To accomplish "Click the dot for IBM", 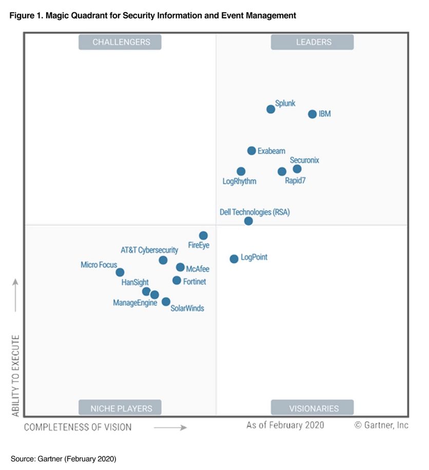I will [x=312, y=114].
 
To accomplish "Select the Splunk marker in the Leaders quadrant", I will [x=270, y=109].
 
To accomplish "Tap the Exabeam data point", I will [x=251, y=151].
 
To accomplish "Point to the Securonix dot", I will [x=297, y=169].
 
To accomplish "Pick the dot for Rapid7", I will [x=282, y=172].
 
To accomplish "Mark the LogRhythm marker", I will [x=241, y=171].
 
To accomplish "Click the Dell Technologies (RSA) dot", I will [x=248, y=221].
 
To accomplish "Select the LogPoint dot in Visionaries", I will [x=234, y=259].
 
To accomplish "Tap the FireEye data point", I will [x=203, y=236].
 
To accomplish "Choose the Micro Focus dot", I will [x=120, y=272].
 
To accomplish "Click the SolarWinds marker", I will [x=166, y=301].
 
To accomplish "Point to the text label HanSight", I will [x=135, y=282].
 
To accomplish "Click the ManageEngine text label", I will [x=135, y=303].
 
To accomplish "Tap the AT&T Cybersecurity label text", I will [x=149, y=250].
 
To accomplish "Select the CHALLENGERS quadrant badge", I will [x=120, y=42].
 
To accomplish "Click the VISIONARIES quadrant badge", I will [x=312, y=408].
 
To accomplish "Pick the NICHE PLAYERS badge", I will [x=120, y=408].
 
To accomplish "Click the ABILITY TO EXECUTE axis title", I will [x=15, y=375].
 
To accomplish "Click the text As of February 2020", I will [x=285, y=425].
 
